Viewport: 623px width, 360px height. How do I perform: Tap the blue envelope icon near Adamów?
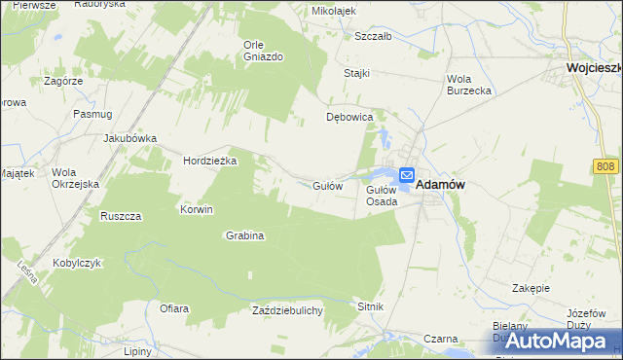pyautogui.click(x=407, y=173)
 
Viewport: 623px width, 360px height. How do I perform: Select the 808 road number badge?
pyautogui.click(x=605, y=168)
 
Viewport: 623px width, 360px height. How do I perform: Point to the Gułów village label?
pyautogui.click(x=327, y=185)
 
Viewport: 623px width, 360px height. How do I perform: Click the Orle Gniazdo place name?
pyautogui.click(x=263, y=51)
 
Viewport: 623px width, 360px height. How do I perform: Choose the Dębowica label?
pyautogui.click(x=349, y=118)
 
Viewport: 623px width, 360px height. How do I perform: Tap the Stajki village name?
pyautogui.click(x=358, y=73)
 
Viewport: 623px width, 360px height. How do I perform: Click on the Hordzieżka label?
pyautogui.click(x=210, y=162)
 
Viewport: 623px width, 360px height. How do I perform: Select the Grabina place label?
pyautogui.click(x=246, y=235)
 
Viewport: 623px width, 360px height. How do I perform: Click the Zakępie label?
pyautogui.click(x=531, y=289)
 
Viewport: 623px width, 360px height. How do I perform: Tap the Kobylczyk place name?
pyautogui.click(x=60, y=263)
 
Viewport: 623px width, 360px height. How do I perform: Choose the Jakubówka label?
pyautogui.click(x=130, y=138)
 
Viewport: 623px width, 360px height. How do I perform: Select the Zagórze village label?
pyautogui.click(x=63, y=82)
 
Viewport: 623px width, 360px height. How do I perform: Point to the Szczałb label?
pyautogui.click(x=373, y=36)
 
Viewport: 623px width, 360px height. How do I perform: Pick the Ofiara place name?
pyautogui.click(x=173, y=308)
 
